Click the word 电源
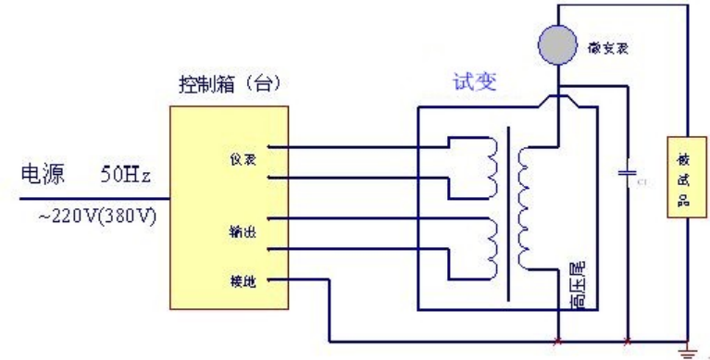(42, 174)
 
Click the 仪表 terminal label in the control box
(242, 159)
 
